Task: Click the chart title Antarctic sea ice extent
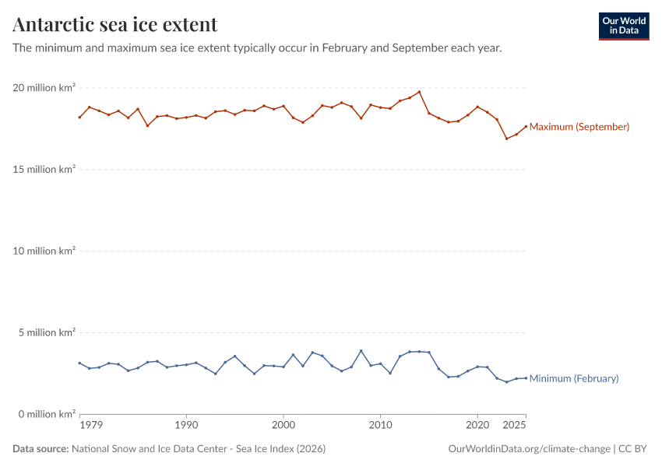[115, 24]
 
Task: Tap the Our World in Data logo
[623, 26]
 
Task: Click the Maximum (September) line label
[579, 127]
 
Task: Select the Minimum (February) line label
[573, 378]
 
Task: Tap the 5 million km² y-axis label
[46, 332]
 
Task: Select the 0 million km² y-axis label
[46, 414]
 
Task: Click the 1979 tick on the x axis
[90, 426]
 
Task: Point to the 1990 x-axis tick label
[186, 426]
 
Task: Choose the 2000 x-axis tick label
[283, 426]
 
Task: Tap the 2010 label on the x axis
[380, 426]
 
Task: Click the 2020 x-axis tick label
[477, 426]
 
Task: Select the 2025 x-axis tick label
[514, 426]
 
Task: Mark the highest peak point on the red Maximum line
[419, 92]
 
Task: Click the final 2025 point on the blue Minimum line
[526, 378]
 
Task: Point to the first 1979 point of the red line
[79, 118]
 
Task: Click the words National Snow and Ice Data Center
[160, 449]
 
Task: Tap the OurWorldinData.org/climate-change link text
[529, 449]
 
